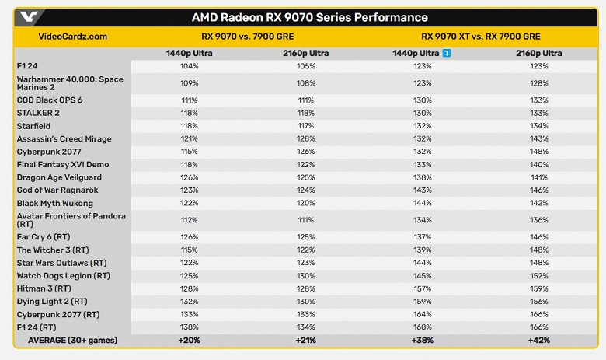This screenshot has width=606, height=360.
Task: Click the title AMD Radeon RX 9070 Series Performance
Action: tap(309, 17)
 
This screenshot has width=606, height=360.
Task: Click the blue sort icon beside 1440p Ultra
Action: tap(447, 53)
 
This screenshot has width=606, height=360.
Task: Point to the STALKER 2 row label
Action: tap(38, 113)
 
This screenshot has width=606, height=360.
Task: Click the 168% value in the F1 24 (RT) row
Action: tap(423, 327)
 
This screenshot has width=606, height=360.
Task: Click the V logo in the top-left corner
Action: tap(29, 16)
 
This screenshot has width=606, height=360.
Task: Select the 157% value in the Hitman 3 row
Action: tap(423, 288)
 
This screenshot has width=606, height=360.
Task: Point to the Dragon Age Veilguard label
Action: tap(59, 177)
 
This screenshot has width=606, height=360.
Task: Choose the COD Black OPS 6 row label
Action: tap(50, 100)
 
